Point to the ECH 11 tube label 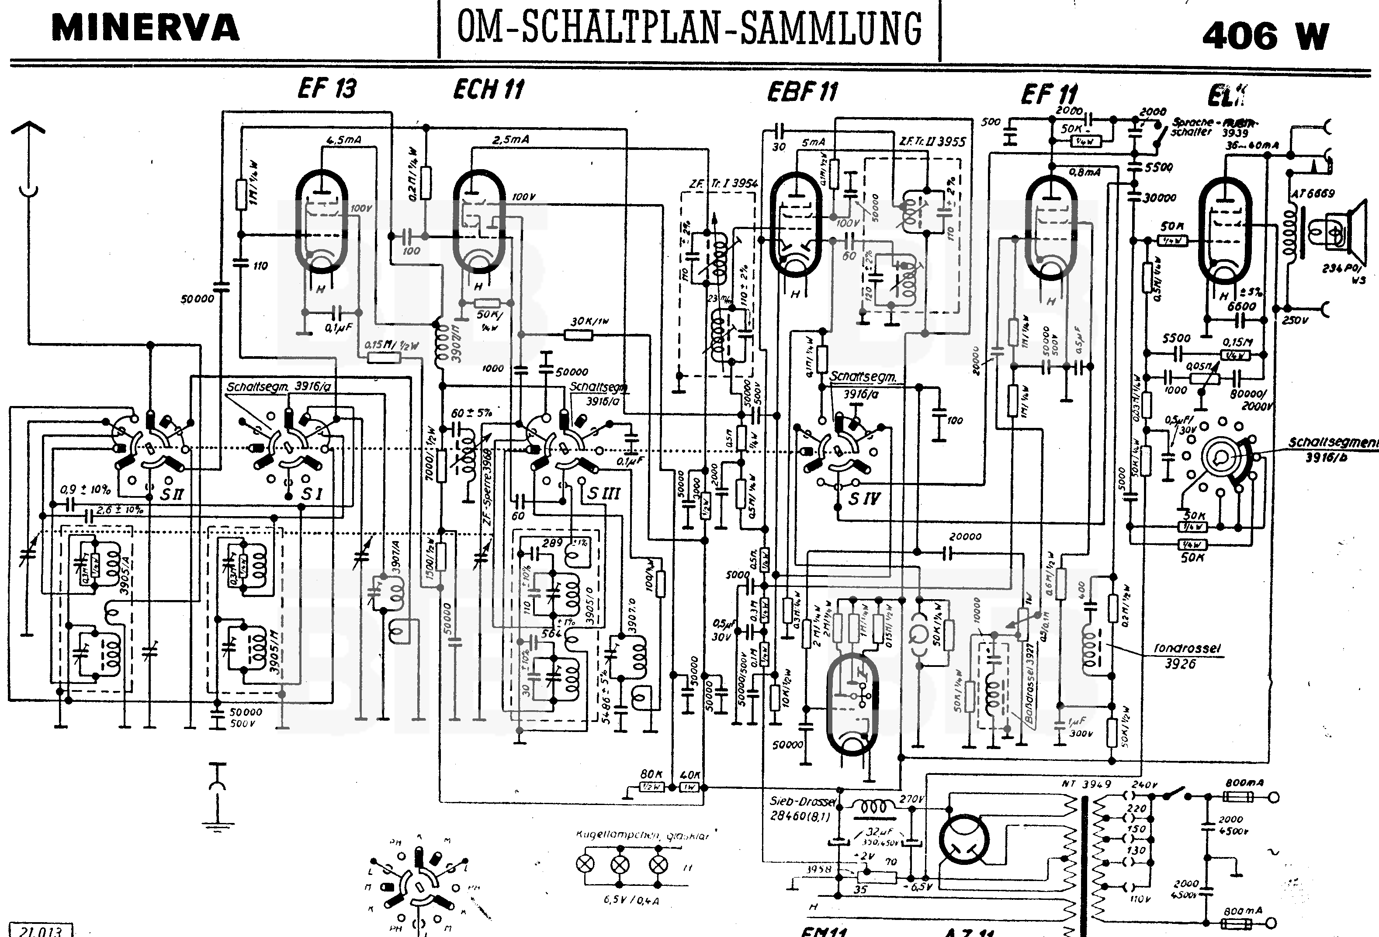pos(489,90)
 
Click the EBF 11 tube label pos(802,92)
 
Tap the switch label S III pos(603,493)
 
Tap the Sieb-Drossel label pos(803,801)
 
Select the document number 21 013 pos(41,930)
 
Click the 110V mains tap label pos(1140,899)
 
